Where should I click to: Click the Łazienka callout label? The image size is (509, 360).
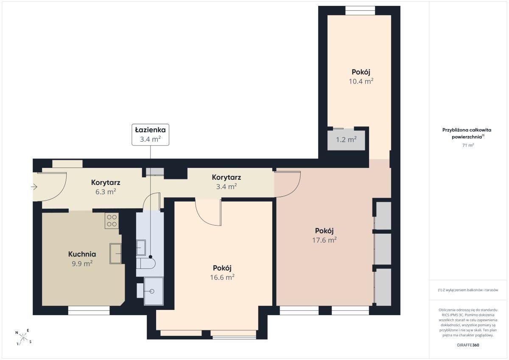[151, 134]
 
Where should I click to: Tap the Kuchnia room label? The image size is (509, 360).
[82, 254]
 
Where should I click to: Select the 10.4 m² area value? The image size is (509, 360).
[361, 81]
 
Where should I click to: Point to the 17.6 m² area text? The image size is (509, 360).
[324, 240]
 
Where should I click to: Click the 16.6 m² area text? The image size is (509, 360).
[222, 277]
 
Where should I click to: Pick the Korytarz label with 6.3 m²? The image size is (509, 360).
[106, 182]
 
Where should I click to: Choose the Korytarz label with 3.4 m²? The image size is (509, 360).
[227, 177]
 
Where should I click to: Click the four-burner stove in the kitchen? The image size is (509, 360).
[112, 220]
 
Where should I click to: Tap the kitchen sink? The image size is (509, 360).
[115, 254]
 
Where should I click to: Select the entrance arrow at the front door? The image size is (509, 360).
[34, 187]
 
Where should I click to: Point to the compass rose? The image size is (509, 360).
[24, 337]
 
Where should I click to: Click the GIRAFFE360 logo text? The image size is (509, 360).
[468, 345]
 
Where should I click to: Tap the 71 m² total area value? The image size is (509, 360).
[468, 145]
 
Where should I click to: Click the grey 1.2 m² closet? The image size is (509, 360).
[346, 140]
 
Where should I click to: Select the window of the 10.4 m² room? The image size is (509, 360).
[360, 11]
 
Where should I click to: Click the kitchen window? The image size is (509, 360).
[89, 310]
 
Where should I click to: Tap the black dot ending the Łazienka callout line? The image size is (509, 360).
[151, 257]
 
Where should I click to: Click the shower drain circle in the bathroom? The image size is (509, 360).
[152, 291]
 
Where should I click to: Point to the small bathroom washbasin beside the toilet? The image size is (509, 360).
[141, 248]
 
